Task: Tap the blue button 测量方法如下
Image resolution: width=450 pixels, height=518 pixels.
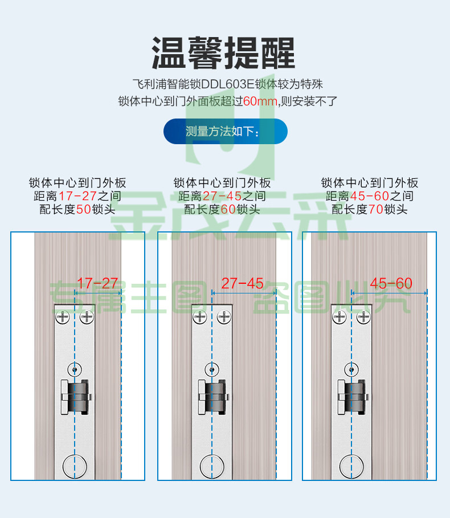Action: tap(225, 132)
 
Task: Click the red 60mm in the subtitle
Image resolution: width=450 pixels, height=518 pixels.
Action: tap(259, 101)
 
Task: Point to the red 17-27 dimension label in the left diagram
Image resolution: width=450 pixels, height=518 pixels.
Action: tap(97, 283)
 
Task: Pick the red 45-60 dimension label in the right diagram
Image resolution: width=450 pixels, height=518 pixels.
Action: tap(391, 283)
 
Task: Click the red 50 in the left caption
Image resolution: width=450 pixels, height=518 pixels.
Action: tap(83, 210)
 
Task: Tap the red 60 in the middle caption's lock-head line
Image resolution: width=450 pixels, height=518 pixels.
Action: tap(228, 210)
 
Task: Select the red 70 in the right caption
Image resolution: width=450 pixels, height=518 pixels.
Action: tap(375, 210)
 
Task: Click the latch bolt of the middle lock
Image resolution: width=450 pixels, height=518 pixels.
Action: tap(215, 397)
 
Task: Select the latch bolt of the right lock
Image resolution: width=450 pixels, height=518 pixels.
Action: tap(354, 397)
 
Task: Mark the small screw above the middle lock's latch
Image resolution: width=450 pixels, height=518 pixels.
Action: tap(213, 369)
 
